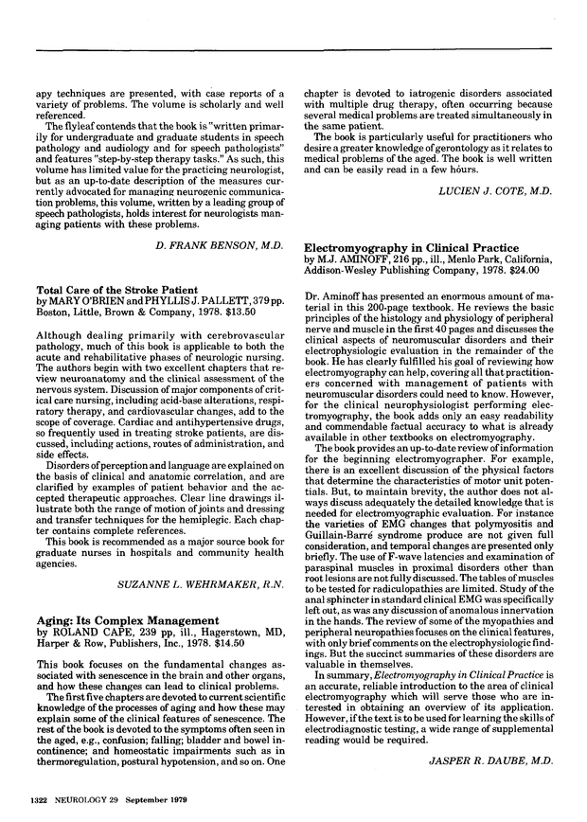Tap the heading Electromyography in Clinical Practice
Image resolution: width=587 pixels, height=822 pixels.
[x=401, y=244]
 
